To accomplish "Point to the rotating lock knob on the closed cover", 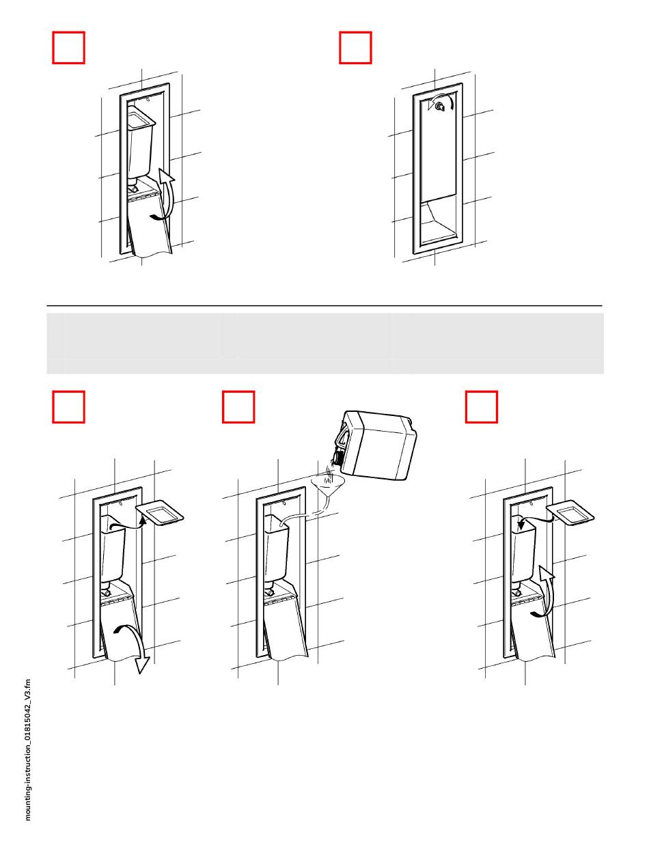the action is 440,106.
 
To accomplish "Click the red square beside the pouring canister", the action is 238,406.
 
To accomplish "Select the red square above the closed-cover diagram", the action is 355,48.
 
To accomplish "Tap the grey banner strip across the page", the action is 325,343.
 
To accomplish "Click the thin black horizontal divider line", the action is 324,305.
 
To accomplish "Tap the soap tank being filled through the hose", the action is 277,548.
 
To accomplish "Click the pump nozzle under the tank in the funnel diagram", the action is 270,590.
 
